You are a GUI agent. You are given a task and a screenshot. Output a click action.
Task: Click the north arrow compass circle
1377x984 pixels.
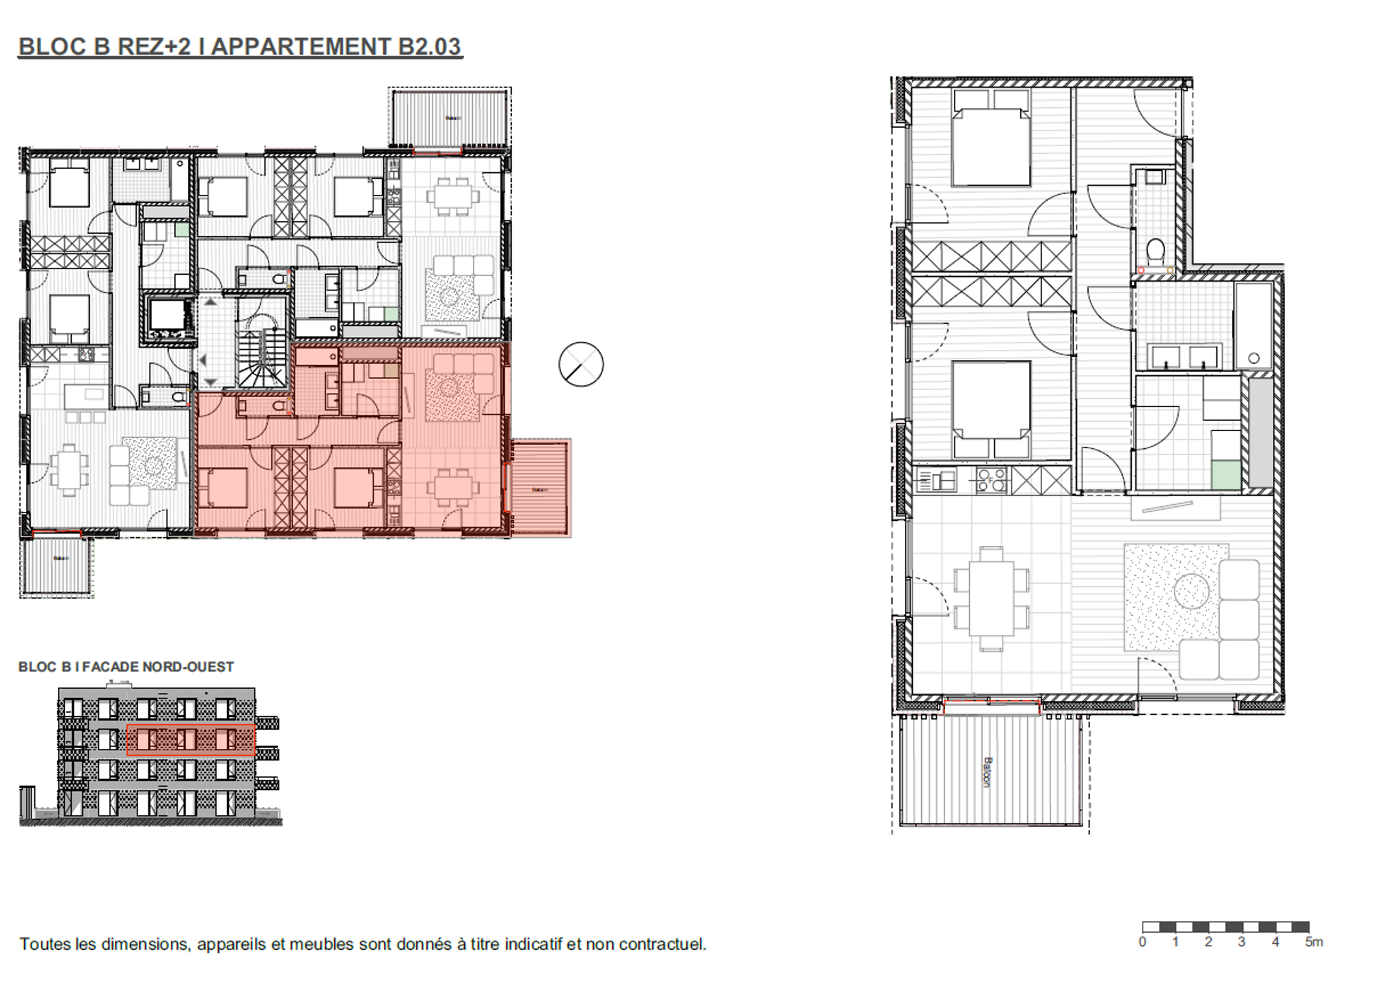click(x=581, y=364)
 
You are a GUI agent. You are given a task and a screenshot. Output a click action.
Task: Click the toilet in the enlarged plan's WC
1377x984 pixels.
click(x=1156, y=251)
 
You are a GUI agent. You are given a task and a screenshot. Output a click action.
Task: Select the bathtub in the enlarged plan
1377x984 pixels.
click(x=1253, y=326)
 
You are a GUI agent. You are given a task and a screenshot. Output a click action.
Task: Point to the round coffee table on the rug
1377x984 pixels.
click(x=1191, y=591)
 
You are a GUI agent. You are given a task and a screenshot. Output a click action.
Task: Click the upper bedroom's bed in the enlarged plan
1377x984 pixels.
click(x=991, y=138)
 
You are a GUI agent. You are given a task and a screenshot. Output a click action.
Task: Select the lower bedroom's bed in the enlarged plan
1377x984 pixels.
click(x=991, y=408)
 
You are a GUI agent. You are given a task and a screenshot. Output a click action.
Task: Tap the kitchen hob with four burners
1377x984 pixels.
click(x=991, y=480)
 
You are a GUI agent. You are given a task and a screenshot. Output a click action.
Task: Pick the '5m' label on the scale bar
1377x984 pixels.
click(x=1313, y=942)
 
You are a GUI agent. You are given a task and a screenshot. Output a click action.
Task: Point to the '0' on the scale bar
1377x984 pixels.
click(x=1143, y=942)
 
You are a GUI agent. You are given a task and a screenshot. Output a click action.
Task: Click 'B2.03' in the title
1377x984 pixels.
click(x=429, y=46)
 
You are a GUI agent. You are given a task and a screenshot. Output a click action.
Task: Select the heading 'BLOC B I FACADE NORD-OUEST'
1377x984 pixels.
click(x=126, y=667)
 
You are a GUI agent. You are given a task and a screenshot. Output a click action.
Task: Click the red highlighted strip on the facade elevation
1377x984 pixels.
click(x=191, y=740)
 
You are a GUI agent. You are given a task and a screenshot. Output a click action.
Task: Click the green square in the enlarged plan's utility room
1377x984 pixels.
click(x=1226, y=476)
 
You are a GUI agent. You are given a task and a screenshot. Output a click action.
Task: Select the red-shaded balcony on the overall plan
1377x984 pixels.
click(x=541, y=488)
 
